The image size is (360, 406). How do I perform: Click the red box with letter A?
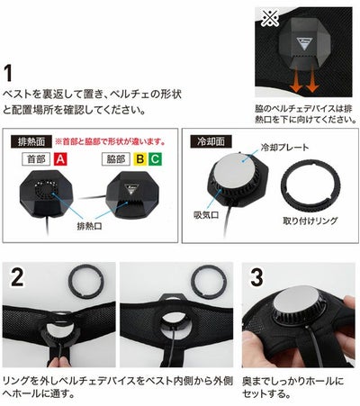60,159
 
